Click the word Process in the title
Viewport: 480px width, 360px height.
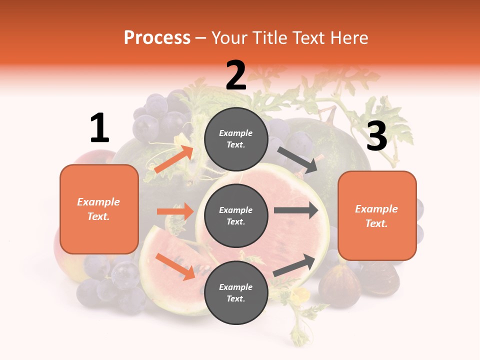(157, 38)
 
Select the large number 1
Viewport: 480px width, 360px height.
(99, 128)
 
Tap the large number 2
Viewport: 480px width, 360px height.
(236, 75)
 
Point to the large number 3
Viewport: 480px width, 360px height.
(376, 136)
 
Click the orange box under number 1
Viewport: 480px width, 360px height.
(99, 209)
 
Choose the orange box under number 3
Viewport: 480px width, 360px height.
(377, 216)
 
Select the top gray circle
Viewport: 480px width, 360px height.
(236, 139)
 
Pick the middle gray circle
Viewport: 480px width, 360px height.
(236, 215)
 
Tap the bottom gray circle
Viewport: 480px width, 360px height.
(236, 292)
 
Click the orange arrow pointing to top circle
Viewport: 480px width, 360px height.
(174, 159)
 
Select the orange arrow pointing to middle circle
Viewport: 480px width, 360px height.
(175, 211)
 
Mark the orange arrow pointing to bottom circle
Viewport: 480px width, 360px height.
(175, 266)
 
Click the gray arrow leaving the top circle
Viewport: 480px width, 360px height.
(298, 159)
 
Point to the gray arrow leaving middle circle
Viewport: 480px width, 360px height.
(296, 210)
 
